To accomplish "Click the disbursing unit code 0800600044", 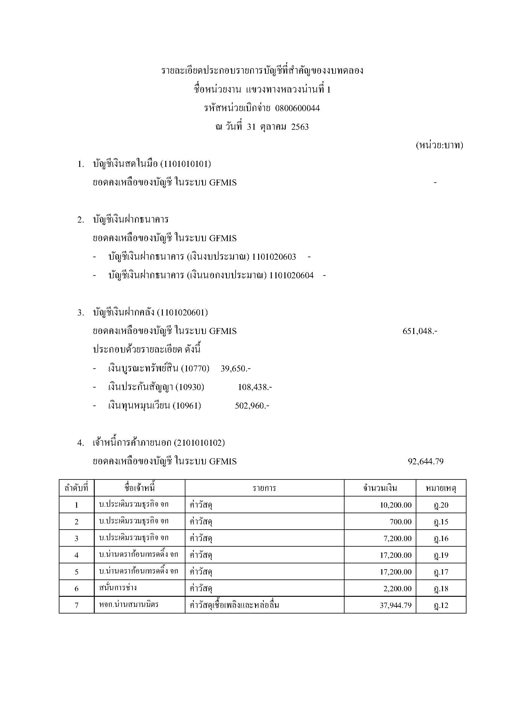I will [297, 108].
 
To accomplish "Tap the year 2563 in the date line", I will [300, 127].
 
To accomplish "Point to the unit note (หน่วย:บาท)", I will [439, 145].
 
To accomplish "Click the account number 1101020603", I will [274, 257].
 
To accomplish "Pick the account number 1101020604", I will [292, 275].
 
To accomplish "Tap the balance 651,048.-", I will [420, 331].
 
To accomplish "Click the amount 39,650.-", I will [236, 368].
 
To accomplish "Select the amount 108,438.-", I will [255, 387].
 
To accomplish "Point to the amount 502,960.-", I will [252, 405].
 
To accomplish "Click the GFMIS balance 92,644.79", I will [425, 462].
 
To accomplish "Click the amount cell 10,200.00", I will [396, 505].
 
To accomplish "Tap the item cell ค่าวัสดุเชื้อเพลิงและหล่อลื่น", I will [234, 605].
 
